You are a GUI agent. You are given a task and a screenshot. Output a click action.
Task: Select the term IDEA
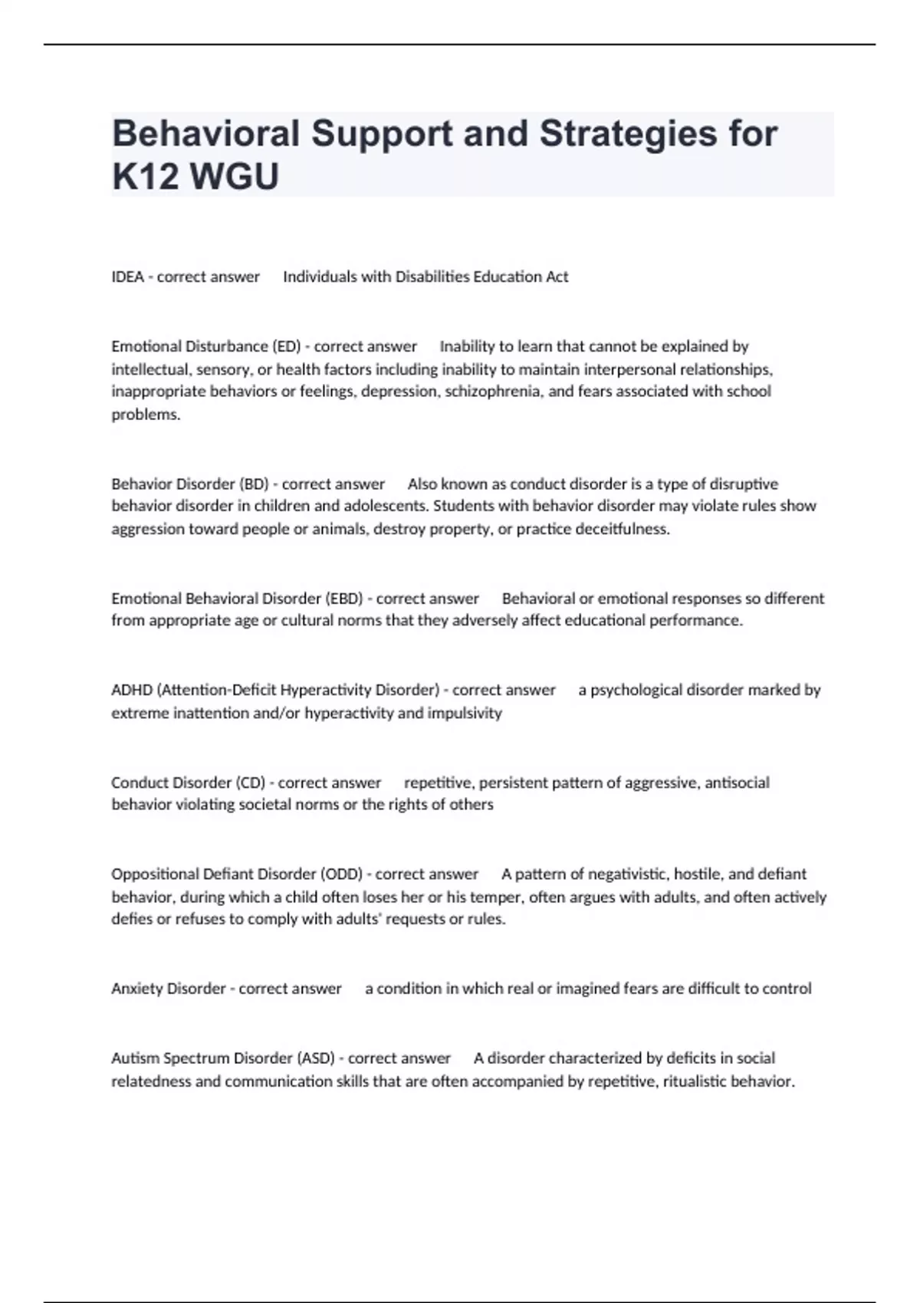[127, 277]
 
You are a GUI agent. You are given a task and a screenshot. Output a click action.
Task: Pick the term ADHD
[131, 691]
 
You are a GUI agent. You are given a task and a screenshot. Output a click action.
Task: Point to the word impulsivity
[465, 714]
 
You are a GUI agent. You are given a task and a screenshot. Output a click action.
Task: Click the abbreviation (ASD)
[315, 1058]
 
